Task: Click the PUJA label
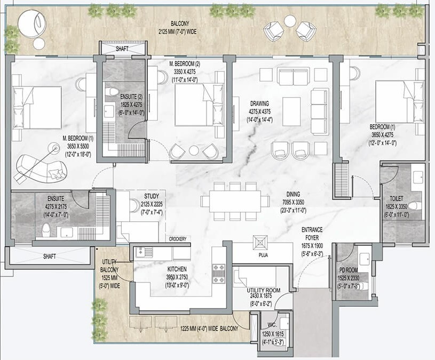[263, 255]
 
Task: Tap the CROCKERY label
[178, 239]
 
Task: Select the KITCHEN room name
[177, 269]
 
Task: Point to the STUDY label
[152, 196]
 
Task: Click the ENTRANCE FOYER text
[312, 234]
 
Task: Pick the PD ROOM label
[349, 270]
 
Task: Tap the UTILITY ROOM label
[264, 290]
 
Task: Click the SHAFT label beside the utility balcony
[50, 257]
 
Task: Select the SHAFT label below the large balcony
[122, 49]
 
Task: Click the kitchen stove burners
[219, 274]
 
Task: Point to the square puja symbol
[260, 243]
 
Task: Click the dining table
[235, 201]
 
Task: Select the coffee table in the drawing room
[291, 111]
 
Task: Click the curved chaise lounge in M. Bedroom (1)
[42, 169]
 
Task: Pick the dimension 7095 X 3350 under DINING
[293, 202]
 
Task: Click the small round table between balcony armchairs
[290, 21]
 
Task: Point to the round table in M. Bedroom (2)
[194, 150]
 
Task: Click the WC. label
[272, 325]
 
